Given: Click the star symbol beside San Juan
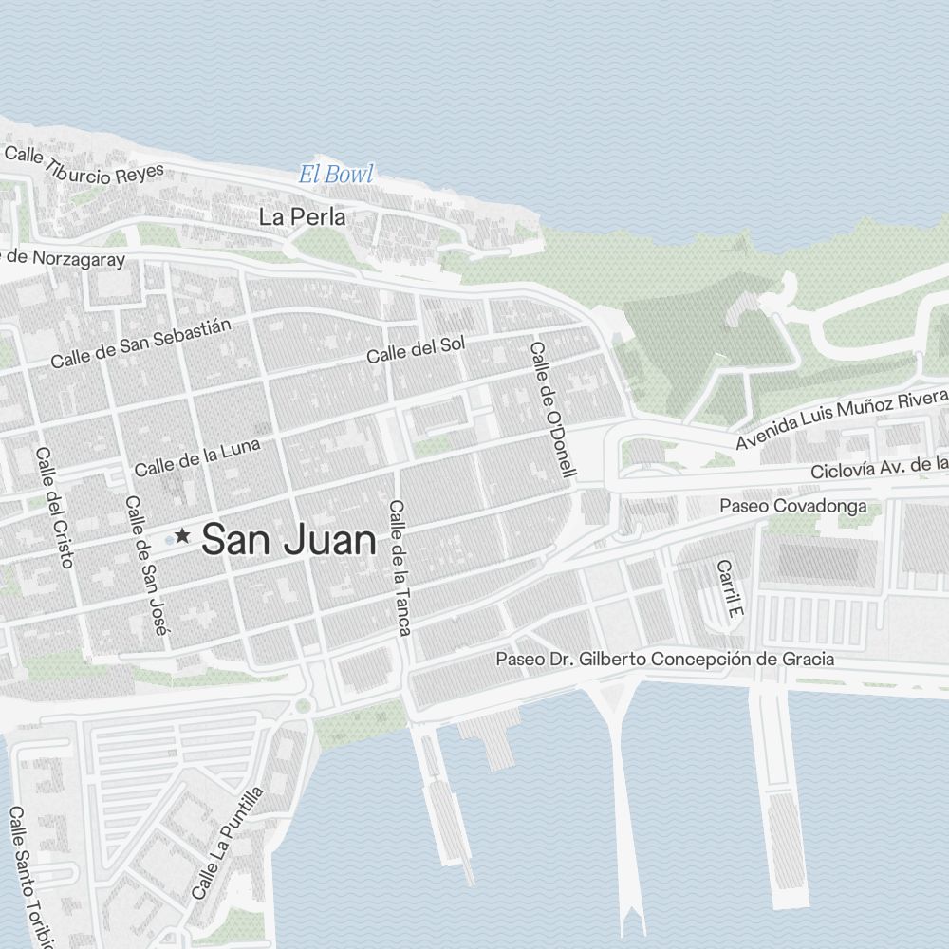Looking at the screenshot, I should (182, 537).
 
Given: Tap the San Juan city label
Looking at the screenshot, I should (289, 540).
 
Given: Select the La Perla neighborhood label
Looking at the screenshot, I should (303, 217).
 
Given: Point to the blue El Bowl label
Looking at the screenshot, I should (336, 174).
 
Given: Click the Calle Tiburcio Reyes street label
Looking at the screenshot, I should (84, 165).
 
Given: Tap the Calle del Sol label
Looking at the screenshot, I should (416, 350).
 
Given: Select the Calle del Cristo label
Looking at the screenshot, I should (54, 507).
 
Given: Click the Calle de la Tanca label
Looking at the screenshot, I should (400, 568).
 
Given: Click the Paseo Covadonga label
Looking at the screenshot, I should (792, 506).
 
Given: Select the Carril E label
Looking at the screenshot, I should (731, 588).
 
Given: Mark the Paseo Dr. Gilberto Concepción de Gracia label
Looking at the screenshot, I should (665, 659).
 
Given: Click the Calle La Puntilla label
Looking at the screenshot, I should (226, 844).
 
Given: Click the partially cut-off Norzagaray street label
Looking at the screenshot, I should (65, 258).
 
